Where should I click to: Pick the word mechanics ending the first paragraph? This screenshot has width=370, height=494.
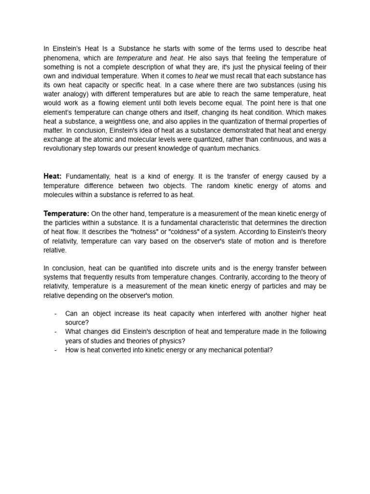point(243,149)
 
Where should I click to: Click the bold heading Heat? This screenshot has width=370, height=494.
point(53,176)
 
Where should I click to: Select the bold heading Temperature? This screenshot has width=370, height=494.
point(66,213)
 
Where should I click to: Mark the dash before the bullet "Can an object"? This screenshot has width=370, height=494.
point(56,314)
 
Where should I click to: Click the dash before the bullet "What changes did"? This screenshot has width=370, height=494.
point(56,332)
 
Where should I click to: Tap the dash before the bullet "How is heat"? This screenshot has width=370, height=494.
point(56,350)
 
